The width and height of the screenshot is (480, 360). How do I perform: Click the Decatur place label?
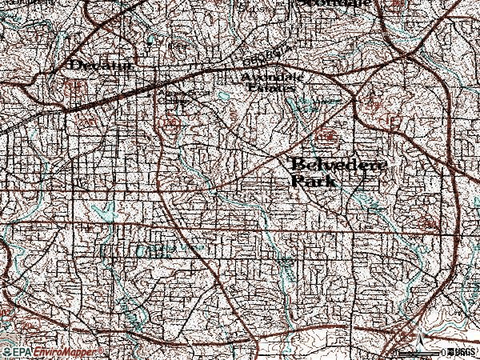[101, 64]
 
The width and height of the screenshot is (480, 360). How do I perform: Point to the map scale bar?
[420, 352]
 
